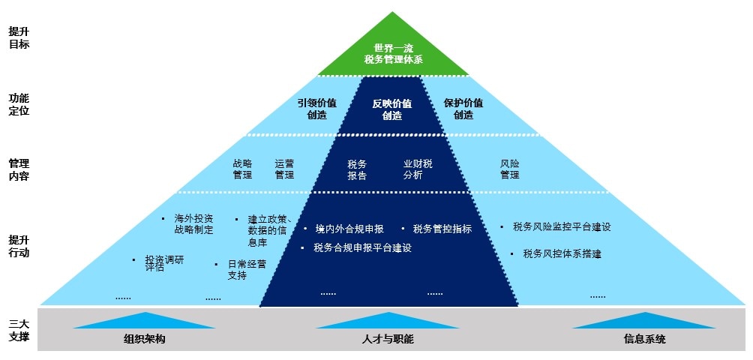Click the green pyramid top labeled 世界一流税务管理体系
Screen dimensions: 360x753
coord(393,52)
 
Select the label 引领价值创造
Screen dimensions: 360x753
coord(316,109)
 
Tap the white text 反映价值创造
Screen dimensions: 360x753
coord(391,109)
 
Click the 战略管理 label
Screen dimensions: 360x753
coord(242,169)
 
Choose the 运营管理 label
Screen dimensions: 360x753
coord(284,169)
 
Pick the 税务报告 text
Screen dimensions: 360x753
coord(357,169)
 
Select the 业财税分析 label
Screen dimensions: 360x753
coord(418,169)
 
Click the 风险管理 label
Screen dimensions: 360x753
coord(510,169)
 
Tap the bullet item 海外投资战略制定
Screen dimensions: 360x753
coord(193,224)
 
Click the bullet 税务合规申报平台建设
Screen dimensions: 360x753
coord(362,247)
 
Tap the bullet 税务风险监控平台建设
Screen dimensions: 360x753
coord(562,226)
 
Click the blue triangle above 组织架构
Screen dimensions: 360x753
coord(145,320)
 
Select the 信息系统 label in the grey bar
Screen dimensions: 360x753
coord(644,339)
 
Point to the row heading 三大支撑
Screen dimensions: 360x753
coord(19,330)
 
